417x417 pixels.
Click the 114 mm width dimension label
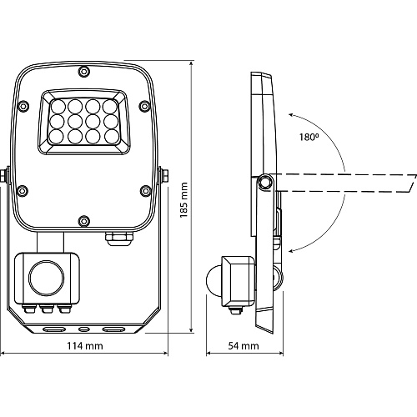pyautogui.click(x=85, y=346)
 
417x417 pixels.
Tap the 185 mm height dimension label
pyautogui.click(x=183, y=200)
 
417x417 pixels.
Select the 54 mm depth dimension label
pyautogui.click(x=244, y=346)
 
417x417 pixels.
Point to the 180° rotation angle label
pyautogui.click(x=309, y=137)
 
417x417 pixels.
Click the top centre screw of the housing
pyautogui.click(x=83, y=72)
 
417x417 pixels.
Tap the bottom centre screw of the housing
pyautogui.click(x=83, y=221)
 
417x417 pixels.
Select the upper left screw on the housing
pyautogui.click(x=23, y=106)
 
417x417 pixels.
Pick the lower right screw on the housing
pyautogui.click(x=145, y=190)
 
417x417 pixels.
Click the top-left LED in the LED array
pyautogui.click(x=58, y=107)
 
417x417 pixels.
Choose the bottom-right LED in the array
pyautogui.click(x=112, y=137)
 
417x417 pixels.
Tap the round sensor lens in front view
pyautogui.click(x=47, y=278)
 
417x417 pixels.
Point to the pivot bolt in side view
pyautogui.click(x=265, y=182)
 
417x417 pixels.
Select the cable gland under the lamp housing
pyautogui.click(x=119, y=239)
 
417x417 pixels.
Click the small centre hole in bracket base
pyautogui.click(x=83, y=329)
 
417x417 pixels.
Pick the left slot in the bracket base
pyautogui.click(x=54, y=329)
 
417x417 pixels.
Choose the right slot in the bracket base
pyautogui.click(x=113, y=329)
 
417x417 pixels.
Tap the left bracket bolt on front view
pyautogui.click(x=3, y=175)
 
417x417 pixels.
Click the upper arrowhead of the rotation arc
pyautogui.click(x=290, y=115)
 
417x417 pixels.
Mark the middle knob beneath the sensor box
pyautogui.click(x=47, y=309)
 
